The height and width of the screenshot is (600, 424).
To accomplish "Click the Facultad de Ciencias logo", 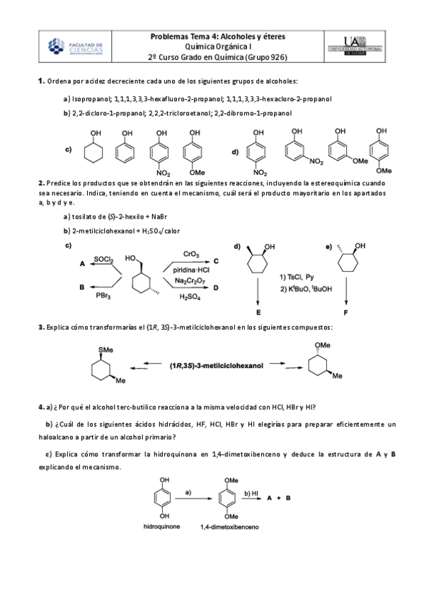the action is tap(76, 47).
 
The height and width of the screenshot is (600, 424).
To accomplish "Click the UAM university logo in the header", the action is tap(353, 47).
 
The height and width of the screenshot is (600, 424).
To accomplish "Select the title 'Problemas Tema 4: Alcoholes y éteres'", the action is tap(217, 36).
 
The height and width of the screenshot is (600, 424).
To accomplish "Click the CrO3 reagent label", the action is tap(190, 253).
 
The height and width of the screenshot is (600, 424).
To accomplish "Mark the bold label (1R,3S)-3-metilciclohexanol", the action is tap(214, 366).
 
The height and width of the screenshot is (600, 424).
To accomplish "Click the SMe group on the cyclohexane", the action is tap(106, 349).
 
